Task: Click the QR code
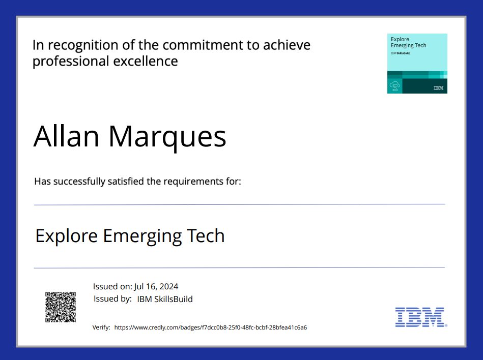[x=61, y=307]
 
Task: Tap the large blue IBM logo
[x=420, y=316]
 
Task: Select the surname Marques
[x=167, y=137]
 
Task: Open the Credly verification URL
[x=210, y=327]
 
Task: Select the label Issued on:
[x=112, y=287]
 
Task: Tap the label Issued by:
[x=112, y=299]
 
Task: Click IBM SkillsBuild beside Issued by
[x=165, y=299]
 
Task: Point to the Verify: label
[x=101, y=327]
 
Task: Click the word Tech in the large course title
[x=206, y=236]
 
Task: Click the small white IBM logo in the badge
[x=438, y=88]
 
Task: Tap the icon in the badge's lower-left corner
[x=394, y=87]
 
